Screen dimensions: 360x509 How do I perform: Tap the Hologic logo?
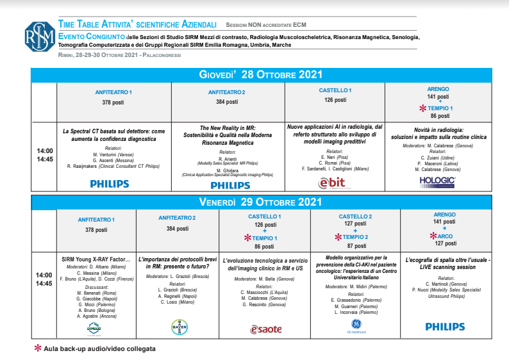[x=437, y=182]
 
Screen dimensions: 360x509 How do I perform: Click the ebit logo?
[x=332, y=183]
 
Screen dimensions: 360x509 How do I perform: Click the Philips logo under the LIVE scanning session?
[x=445, y=327]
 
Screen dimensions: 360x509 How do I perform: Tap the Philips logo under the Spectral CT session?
[x=109, y=184]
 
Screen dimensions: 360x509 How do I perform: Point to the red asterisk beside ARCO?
[x=431, y=236]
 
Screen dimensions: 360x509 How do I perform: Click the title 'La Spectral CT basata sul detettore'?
[x=109, y=135]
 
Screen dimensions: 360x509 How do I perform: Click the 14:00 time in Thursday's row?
[x=45, y=151]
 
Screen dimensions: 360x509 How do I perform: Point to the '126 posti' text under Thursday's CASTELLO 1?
[x=335, y=100]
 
